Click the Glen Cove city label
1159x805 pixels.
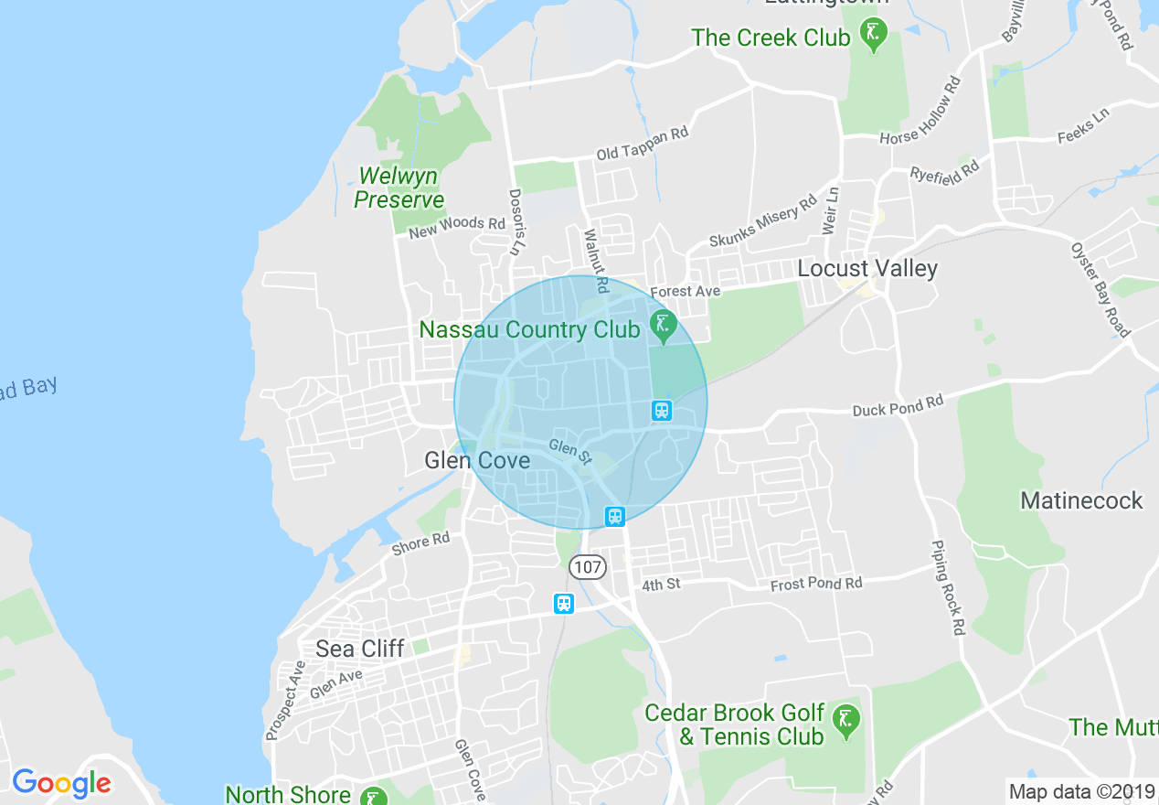click(x=477, y=460)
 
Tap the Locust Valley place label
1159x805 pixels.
click(x=867, y=268)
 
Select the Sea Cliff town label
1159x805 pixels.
click(x=359, y=649)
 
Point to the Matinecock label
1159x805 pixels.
click(x=1081, y=500)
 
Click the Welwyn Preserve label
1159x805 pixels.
click(x=399, y=188)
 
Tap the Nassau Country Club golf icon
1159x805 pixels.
click(x=662, y=323)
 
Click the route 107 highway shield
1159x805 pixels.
click(x=587, y=567)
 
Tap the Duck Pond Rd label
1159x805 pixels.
click(x=897, y=405)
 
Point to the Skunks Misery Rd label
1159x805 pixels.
click(x=763, y=222)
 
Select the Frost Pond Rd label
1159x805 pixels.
click(x=815, y=584)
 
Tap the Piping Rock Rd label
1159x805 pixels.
click(x=948, y=588)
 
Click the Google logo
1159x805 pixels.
click(x=61, y=783)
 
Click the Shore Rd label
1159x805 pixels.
click(x=420, y=543)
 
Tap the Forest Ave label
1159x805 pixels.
click(x=685, y=292)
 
